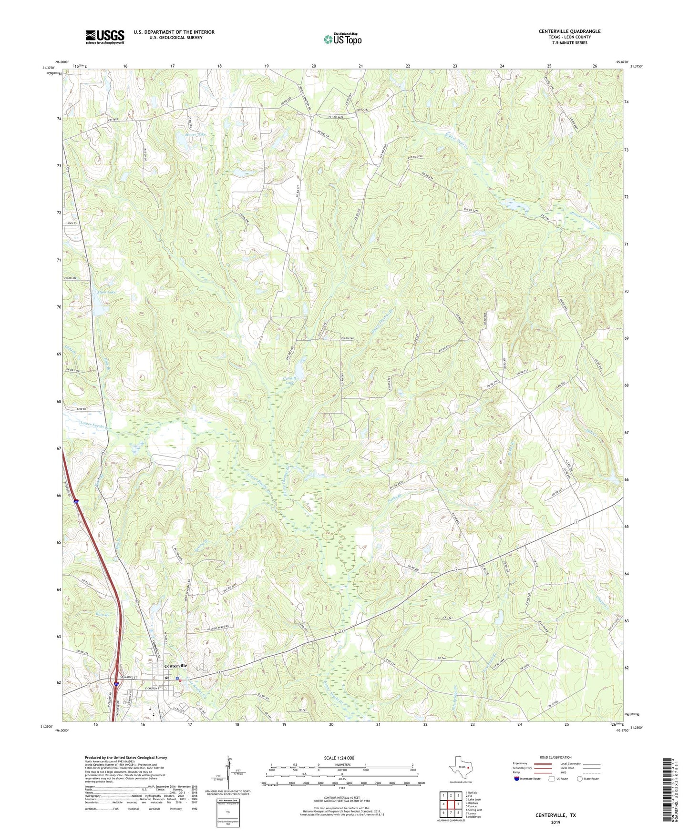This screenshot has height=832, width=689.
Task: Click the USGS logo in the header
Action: pyautogui.click(x=105, y=37)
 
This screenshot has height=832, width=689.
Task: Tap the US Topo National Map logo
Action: pyautogui.click(x=342, y=39)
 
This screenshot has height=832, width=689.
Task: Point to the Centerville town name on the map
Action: pyautogui.click(x=175, y=666)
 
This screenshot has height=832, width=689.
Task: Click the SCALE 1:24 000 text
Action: pyautogui.click(x=342, y=758)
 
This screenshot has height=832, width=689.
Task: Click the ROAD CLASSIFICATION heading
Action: pyautogui.click(x=555, y=757)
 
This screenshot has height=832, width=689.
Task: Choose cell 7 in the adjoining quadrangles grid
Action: pyautogui.click(x=451, y=813)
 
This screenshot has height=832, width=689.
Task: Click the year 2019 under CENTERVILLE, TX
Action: pyautogui.click(x=555, y=822)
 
